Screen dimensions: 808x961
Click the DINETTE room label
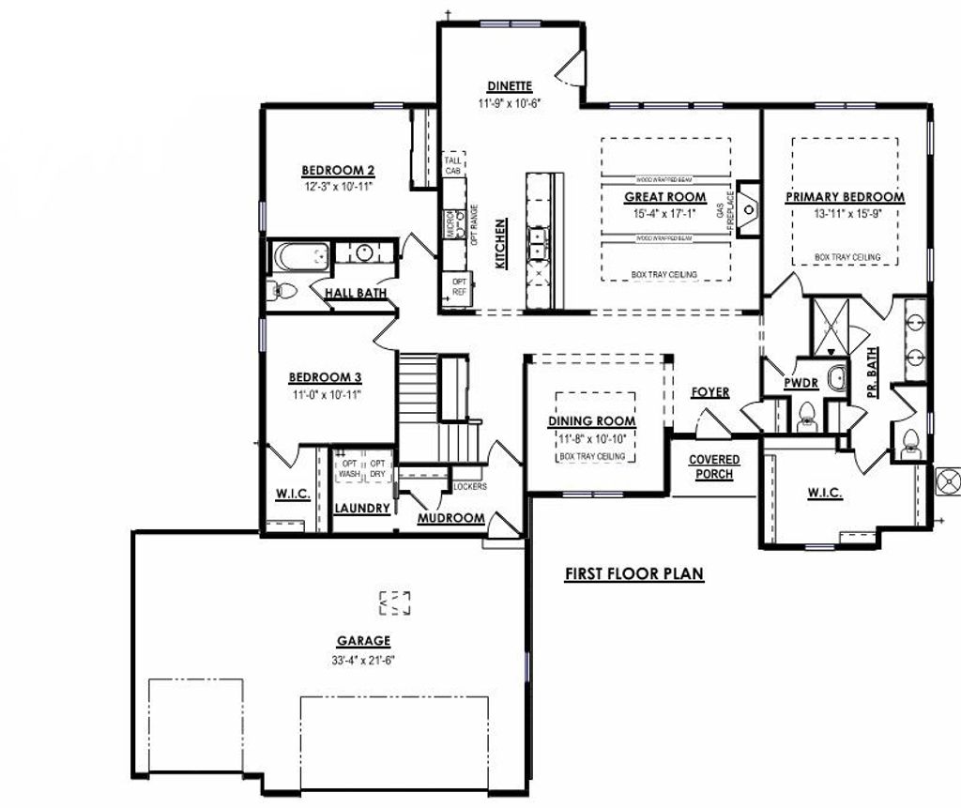(x=510, y=86)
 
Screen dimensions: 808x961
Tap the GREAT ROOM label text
(x=665, y=197)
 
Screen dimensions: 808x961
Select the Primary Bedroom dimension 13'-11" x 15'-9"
(x=845, y=214)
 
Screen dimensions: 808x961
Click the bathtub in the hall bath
(x=300, y=256)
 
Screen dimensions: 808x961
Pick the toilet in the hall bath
(x=282, y=291)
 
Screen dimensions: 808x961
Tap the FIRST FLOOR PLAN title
(x=633, y=574)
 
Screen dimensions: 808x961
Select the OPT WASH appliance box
(x=349, y=468)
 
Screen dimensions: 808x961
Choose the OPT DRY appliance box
(x=378, y=468)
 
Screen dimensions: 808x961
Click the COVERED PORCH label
(x=714, y=466)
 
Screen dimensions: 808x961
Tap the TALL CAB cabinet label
(x=453, y=165)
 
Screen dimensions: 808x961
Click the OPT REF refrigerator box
(x=459, y=286)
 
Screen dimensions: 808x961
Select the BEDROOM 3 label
(x=326, y=377)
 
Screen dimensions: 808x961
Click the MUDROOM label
(x=450, y=518)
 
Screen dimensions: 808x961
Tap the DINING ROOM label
(x=591, y=421)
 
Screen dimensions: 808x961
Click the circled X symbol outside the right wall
(x=949, y=481)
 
